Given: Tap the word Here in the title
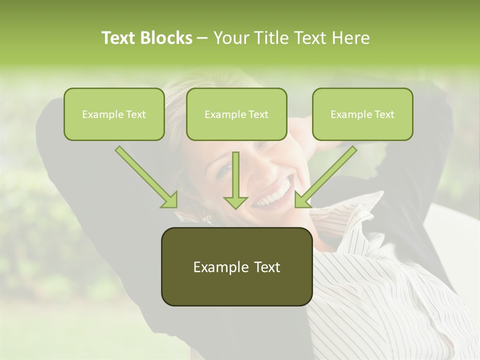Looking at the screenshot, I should [x=351, y=38].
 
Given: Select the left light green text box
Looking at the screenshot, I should [x=114, y=114].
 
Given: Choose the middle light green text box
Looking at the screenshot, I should [x=236, y=114].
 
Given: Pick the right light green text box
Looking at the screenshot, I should [x=362, y=114].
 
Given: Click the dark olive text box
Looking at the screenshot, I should [x=236, y=266].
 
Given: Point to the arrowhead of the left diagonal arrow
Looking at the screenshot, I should [x=170, y=200].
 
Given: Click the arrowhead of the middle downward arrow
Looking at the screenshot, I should [x=235, y=202].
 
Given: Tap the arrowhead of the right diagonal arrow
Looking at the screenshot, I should [x=302, y=200].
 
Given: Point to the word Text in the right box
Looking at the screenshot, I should [x=384, y=114].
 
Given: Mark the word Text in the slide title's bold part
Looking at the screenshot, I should [x=118, y=38].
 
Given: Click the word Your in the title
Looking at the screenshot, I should [x=231, y=38].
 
